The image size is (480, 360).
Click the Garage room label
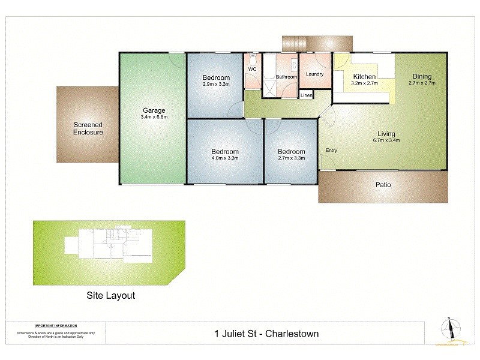[154, 110]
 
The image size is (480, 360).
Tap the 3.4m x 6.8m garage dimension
[154, 117]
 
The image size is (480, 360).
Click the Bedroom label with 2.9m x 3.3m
[215, 78]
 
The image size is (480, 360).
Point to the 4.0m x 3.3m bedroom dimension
[224, 158]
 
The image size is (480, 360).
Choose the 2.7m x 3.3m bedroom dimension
[291, 158]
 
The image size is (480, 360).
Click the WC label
[252, 69]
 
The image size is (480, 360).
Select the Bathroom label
[286, 77]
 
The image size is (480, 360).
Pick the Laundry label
[314, 74]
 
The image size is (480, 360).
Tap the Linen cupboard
[306, 95]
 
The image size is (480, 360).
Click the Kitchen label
[364, 77]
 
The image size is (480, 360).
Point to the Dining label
[421, 76]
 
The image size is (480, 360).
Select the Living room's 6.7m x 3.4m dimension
[385, 140]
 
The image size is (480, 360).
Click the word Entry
[331, 150]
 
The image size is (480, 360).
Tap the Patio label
[383, 185]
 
